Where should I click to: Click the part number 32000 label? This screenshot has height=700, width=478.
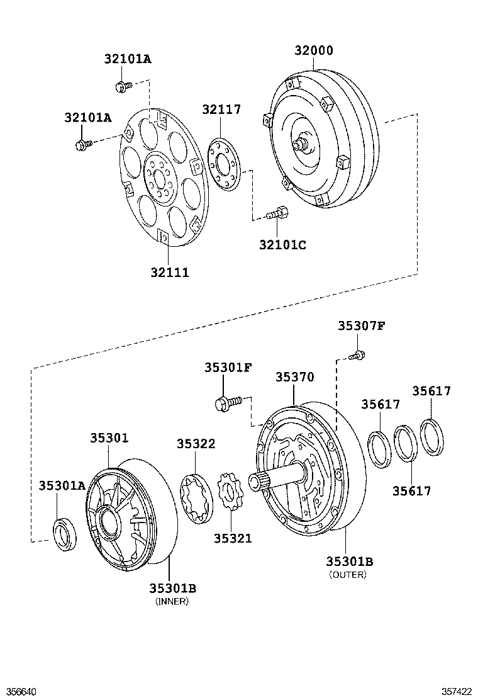pyautogui.click(x=313, y=50)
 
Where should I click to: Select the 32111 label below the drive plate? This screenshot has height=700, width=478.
pyautogui.click(x=169, y=273)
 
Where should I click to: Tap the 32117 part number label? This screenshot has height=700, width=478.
pyautogui.click(x=221, y=110)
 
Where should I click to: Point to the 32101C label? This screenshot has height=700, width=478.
pyautogui.click(x=282, y=245)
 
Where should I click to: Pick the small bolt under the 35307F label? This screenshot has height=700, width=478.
pyautogui.click(x=357, y=356)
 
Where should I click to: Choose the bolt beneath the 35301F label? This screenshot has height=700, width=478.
pyautogui.click(x=228, y=402)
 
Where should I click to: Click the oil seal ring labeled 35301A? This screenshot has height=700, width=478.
pyautogui.click(x=65, y=533)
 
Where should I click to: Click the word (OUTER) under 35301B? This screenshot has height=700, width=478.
pyautogui.click(x=348, y=575)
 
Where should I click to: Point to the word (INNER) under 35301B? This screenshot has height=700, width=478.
pyautogui.click(x=172, y=601)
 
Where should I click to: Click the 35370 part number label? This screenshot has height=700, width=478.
pyautogui.click(x=294, y=377)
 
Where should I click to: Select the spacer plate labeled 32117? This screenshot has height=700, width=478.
pyautogui.click(x=225, y=165)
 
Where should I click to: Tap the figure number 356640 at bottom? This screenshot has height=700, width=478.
pyautogui.click(x=17, y=692)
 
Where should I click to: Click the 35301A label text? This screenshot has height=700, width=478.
pyautogui.click(x=62, y=485)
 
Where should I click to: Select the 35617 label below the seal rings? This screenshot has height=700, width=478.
pyautogui.click(x=411, y=491)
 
